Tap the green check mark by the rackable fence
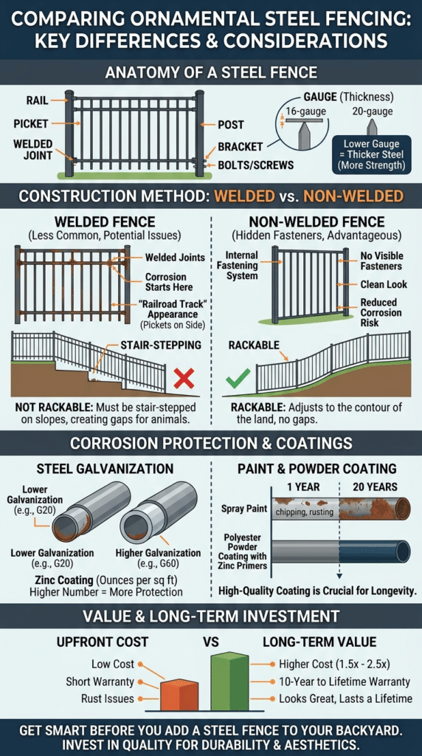tap(238, 379)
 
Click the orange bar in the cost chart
tap(179, 693)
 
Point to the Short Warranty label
tap(100, 681)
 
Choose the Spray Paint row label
tap(243, 508)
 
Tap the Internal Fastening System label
tap(241, 266)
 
